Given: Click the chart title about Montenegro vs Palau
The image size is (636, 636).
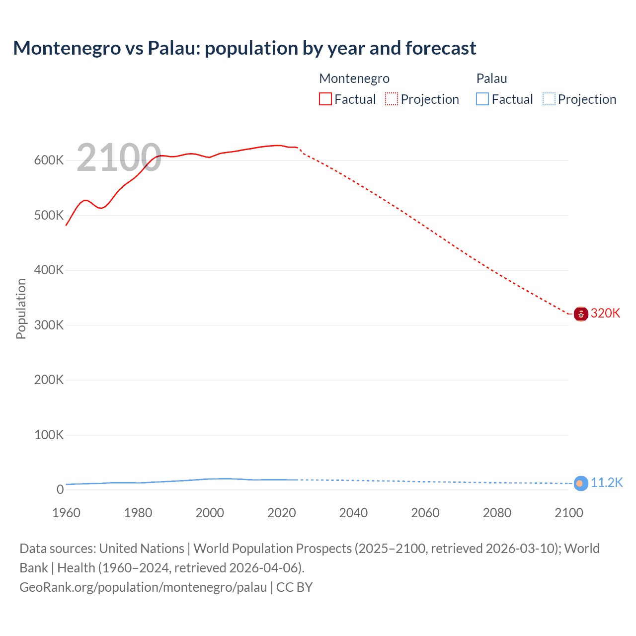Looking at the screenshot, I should pyautogui.click(x=244, y=48).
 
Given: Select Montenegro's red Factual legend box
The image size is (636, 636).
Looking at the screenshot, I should pyautogui.click(x=325, y=99).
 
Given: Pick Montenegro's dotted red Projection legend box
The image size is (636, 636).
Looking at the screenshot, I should pyautogui.click(x=392, y=99).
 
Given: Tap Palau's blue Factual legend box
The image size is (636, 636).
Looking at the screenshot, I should pyautogui.click(x=482, y=99).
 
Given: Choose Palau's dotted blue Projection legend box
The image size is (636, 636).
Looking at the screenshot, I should pyautogui.click(x=549, y=99).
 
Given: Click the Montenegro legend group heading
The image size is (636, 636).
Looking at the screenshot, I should pyautogui.click(x=354, y=79).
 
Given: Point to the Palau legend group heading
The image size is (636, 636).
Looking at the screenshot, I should pyautogui.click(x=491, y=79).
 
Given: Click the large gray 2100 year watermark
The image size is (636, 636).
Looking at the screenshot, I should pyautogui.click(x=119, y=158).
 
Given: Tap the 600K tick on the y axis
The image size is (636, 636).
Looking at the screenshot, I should pyautogui.click(x=49, y=160).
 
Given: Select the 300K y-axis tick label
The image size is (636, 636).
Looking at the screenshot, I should pyautogui.click(x=49, y=325).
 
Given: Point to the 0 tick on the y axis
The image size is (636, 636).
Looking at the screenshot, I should pyautogui.click(x=60, y=490).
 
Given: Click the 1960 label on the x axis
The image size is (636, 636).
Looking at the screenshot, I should pyautogui.click(x=66, y=513).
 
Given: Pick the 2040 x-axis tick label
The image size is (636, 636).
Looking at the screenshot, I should pyautogui.click(x=353, y=513).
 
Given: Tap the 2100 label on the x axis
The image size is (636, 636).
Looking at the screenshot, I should pyautogui.click(x=568, y=513).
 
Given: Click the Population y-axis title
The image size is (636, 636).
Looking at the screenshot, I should pyautogui.click(x=21, y=309).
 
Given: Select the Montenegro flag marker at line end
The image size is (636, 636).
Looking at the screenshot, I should pyautogui.click(x=581, y=314).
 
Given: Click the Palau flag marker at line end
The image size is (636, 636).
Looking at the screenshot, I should pyautogui.click(x=581, y=483).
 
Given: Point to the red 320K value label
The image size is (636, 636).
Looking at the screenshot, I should pyautogui.click(x=605, y=313).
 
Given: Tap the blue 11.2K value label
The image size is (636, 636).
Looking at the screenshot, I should pyautogui.click(x=606, y=483).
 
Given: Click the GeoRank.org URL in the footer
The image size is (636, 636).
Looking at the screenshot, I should pyautogui.click(x=143, y=587).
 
